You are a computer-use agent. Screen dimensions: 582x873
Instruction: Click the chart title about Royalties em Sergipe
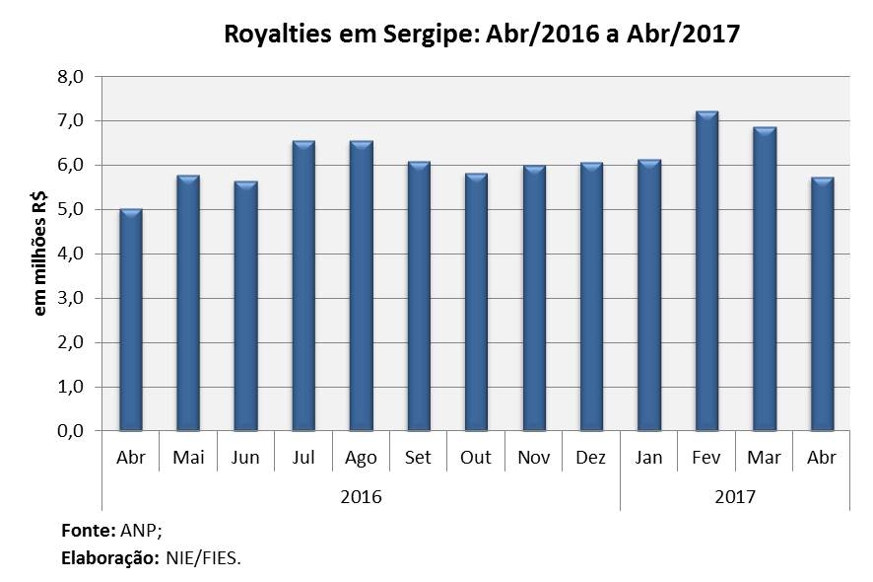(x=482, y=35)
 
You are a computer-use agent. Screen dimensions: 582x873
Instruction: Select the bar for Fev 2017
(x=706, y=271)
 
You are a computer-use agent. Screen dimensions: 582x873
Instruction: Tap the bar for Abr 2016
(x=131, y=321)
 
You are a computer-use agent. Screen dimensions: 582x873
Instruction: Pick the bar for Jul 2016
(x=303, y=286)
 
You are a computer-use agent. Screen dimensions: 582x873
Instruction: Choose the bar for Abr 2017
(x=822, y=304)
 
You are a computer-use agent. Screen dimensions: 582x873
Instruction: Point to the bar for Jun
(x=246, y=306)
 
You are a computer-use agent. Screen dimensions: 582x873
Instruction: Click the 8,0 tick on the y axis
(x=79, y=76)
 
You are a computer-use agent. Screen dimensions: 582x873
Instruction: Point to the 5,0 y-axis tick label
(x=79, y=209)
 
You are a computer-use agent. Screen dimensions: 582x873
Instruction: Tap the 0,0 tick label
(x=79, y=431)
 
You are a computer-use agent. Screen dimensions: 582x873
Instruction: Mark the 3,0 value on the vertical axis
(x=79, y=298)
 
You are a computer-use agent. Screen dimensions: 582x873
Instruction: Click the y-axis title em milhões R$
(x=40, y=254)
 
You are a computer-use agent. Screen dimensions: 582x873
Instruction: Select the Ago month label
(x=361, y=459)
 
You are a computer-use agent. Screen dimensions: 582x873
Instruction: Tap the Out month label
(x=476, y=459)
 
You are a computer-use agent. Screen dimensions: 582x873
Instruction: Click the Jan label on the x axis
(x=649, y=459)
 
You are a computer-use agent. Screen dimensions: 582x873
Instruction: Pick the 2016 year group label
(x=361, y=496)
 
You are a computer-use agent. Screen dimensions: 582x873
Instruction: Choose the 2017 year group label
(x=735, y=496)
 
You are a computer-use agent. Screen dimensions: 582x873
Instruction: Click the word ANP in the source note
(x=139, y=531)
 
